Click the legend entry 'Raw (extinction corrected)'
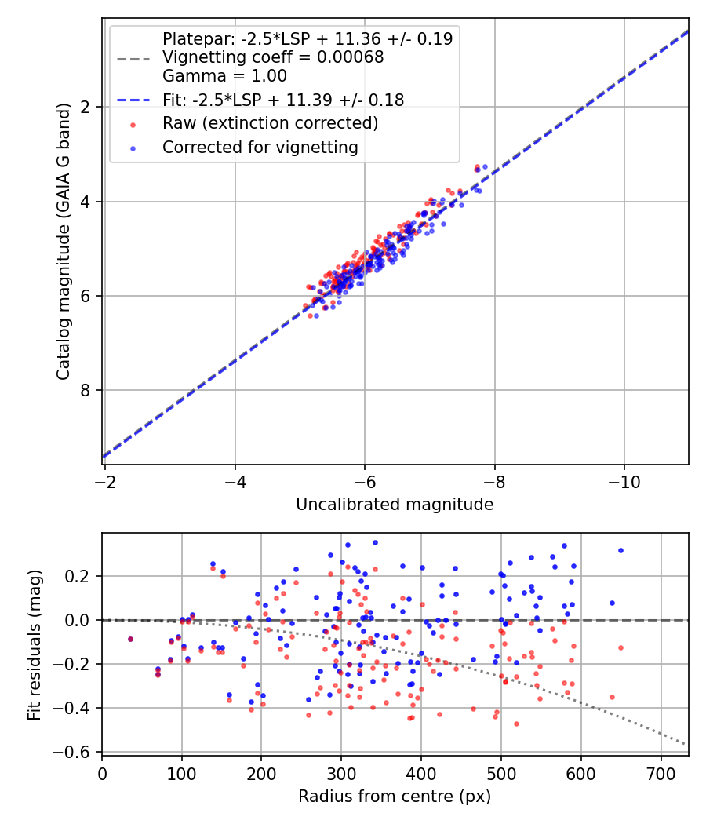click(x=270, y=123)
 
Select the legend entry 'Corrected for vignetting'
click(x=260, y=147)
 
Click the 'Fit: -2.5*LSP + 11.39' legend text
click(x=283, y=100)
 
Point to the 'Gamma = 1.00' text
click(x=224, y=76)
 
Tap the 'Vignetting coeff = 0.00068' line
click(x=273, y=57)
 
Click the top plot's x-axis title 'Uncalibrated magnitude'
click(x=395, y=505)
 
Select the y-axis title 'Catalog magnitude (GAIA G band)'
click(x=64, y=242)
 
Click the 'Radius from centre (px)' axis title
click(x=395, y=797)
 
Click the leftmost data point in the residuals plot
click(x=130, y=639)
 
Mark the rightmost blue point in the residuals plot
click(x=620, y=550)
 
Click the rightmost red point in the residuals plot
click(x=620, y=647)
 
